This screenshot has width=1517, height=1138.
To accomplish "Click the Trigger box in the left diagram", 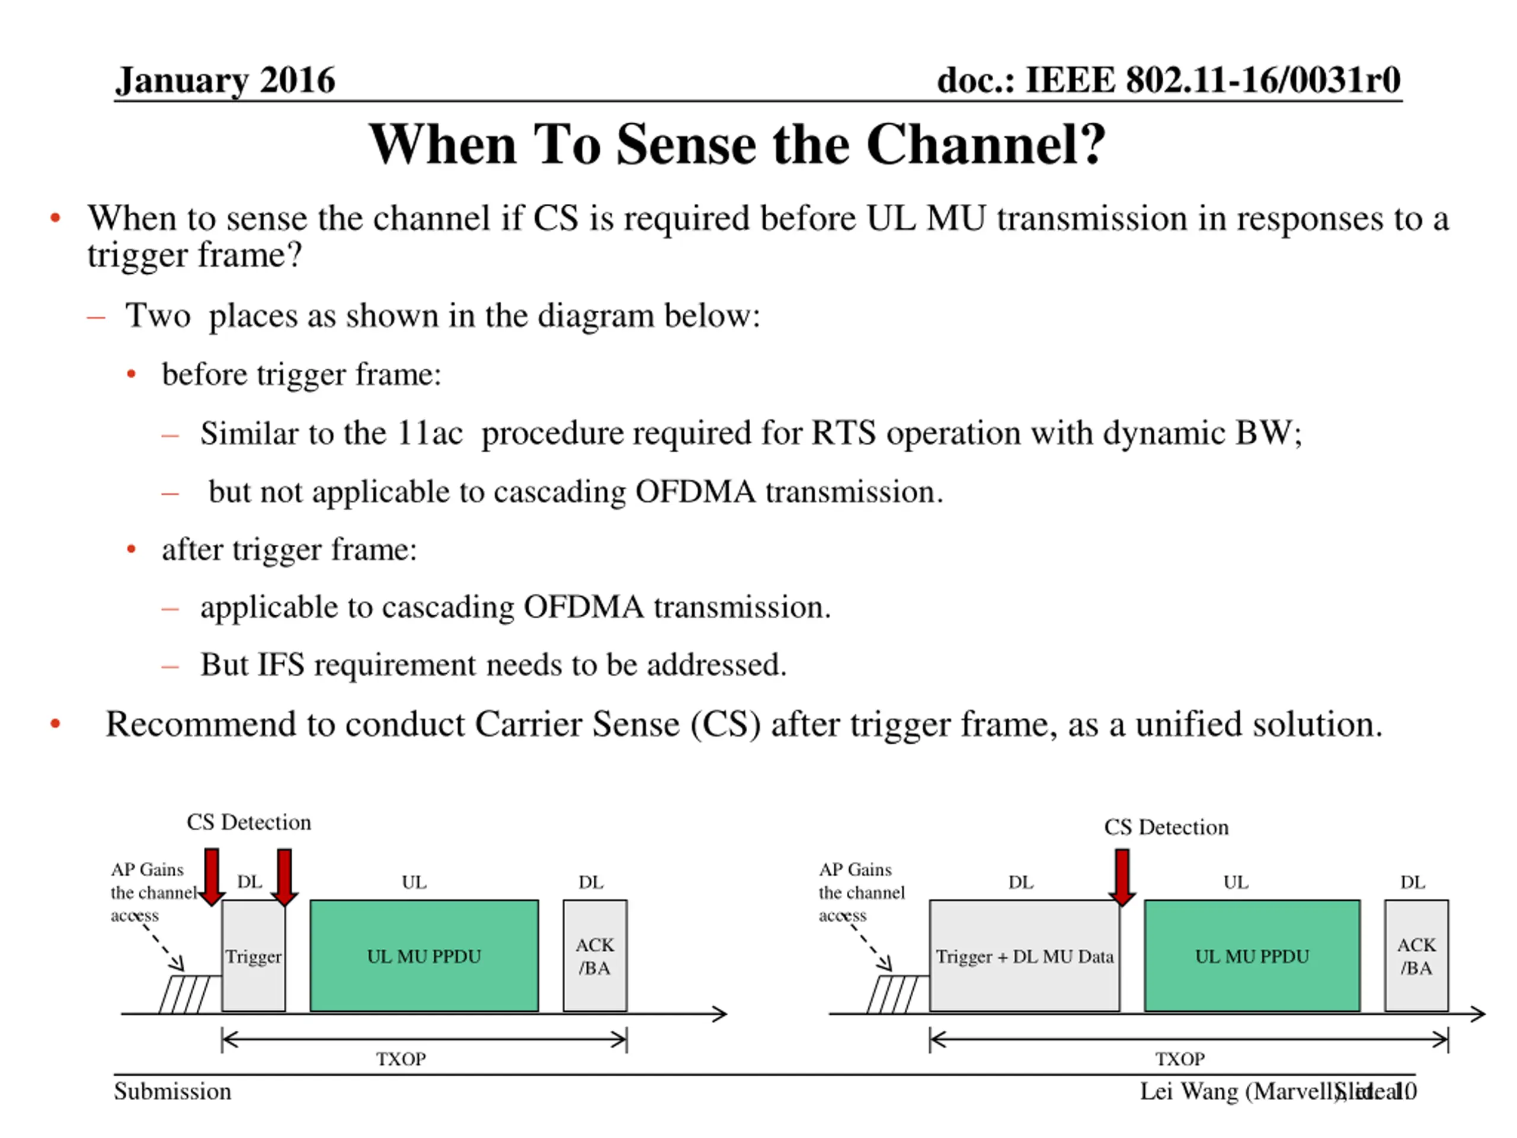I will [x=253, y=955].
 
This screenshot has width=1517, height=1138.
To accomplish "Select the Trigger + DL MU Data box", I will [x=1024, y=955].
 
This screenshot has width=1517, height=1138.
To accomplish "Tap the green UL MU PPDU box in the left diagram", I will [x=424, y=955].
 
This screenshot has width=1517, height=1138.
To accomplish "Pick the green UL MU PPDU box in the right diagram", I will [x=1252, y=955].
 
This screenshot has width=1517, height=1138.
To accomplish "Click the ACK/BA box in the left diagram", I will [x=594, y=955].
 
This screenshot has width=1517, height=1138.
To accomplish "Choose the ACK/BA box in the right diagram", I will [x=1416, y=955].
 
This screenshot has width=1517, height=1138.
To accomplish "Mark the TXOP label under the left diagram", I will [x=401, y=1059].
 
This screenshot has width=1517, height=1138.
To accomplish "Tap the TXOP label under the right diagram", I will [x=1180, y=1059].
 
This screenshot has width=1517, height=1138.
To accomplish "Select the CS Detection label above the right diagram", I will [x=1166, y=827].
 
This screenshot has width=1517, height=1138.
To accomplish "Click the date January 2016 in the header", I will [x=225, y=80].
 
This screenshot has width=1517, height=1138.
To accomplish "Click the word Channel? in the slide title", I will [x=985, y=145].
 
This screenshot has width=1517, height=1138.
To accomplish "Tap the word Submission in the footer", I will [x=172, y=1091].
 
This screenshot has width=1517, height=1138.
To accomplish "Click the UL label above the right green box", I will [x=1236, y=882].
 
